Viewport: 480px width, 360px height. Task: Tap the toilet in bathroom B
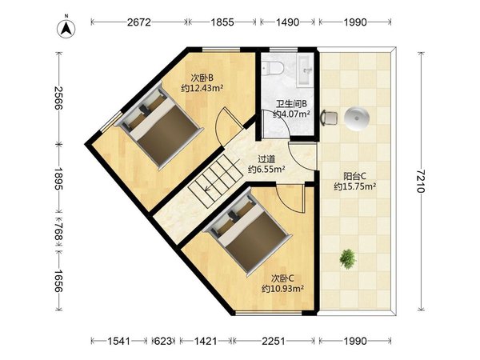(273, 68)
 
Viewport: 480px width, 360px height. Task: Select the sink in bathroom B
(305, 71)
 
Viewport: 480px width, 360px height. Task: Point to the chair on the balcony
(330, 118)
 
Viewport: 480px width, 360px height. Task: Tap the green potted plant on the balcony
(348, 258)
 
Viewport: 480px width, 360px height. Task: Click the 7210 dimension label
(422, 181)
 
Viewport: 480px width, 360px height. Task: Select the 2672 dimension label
(139, 22)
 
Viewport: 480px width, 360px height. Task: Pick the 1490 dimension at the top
(287, 22)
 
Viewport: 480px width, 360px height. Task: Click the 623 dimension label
(163, 341)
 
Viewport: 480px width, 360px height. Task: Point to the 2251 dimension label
(274, 341)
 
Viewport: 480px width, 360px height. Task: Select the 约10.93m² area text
(283, 288)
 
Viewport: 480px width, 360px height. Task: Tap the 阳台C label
(354, 176)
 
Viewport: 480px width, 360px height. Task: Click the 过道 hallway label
(266, 159)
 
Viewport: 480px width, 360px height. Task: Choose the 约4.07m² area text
(291, 114)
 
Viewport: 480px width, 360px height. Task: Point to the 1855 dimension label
(222, 22)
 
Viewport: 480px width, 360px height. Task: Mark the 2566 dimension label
(58, 98)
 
